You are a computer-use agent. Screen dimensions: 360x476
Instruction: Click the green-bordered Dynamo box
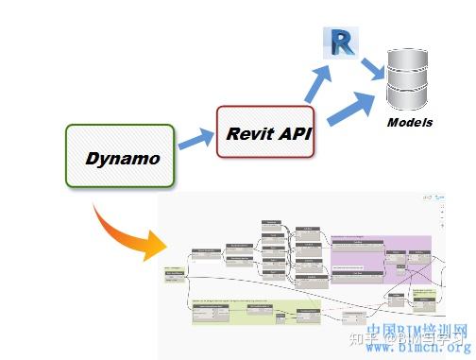(x=120, y=156)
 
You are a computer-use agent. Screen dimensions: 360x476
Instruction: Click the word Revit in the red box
(x=247, y=132)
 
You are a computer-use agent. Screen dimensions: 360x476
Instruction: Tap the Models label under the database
(x=409, y=123)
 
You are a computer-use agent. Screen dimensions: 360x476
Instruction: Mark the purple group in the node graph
(x=378, y=255)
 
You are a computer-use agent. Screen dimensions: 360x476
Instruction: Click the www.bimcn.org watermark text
(x=416, y=348)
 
